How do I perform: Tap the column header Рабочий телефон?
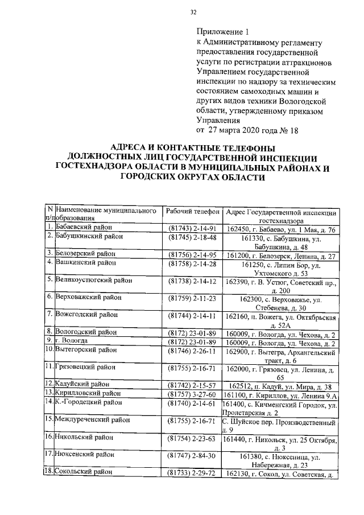[x=192, y=211]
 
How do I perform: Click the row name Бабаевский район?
[x=84, y=229]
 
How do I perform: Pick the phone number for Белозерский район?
[x=192, y=254]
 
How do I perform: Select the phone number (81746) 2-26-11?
[x=192, y=351]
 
